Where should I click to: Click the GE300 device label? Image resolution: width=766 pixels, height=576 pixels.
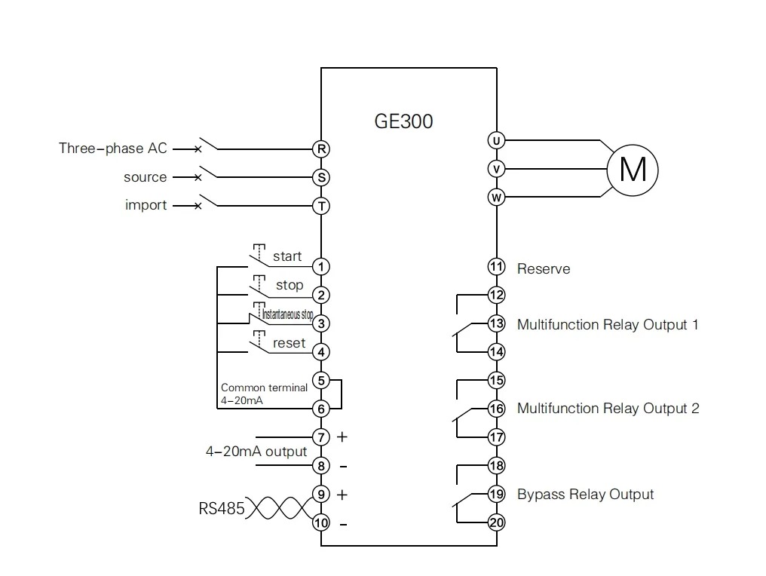pyautogui.click(x=403, y=121)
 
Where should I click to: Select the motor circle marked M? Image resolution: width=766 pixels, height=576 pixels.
pyautogui.click(x=633, y=169)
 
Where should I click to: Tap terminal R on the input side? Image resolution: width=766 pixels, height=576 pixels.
pyautogui.click(x=321, y=149)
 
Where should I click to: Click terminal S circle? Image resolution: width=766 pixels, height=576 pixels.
pyautogui.click(x=321, y=178)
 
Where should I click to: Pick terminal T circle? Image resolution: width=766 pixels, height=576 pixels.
pyautogui.click(x=321, y=206)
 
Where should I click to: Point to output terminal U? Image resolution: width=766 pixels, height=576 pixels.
pyautogui.click(x=496, y=140)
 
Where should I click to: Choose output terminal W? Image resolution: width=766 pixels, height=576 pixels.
pyautogui.click(x=496, y=198)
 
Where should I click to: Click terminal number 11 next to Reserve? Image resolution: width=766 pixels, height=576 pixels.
pyautogui.click(x=496, y=266)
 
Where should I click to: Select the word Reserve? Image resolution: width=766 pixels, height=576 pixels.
pyautogui.click(x=543, y=269)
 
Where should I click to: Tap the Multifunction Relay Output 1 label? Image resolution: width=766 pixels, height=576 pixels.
pyautogui.click(x=608, y=325)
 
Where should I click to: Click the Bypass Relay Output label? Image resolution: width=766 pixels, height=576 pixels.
pyautogui.click(x=585, y=495)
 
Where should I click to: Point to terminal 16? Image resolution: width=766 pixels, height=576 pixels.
pyautogui.click(x=496, y=409)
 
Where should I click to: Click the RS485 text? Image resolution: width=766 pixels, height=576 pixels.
pyautogui.click(x=222, y=509)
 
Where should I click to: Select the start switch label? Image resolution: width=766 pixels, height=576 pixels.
pyautogui.click(x=287, y=257)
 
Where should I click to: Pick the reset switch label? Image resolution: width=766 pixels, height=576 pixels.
pyautogui.click(x=289, y=343)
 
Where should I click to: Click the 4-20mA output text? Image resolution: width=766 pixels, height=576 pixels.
pyautogui.click(x=256, y=452)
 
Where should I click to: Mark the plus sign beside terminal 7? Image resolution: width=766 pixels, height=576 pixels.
pyautogui.click(x=342, y=437)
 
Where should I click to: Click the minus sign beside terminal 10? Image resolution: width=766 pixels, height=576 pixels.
pyautogui.click(x=343, y=523)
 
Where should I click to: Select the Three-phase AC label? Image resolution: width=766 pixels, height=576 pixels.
pyautogui.click(x=113, y=149)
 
